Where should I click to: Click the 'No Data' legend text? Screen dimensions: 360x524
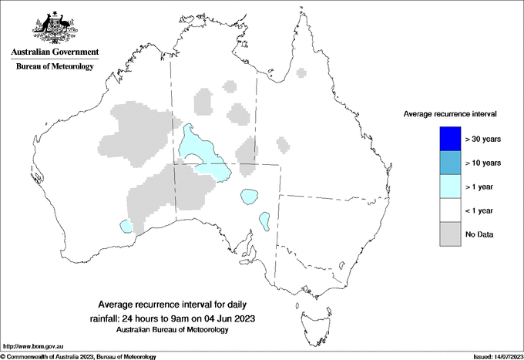pos(480,234)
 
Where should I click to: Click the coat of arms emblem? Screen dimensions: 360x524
pos(54,29)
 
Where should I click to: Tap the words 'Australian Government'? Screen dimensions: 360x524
pos(54,53)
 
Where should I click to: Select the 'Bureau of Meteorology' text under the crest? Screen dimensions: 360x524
pos(54,67)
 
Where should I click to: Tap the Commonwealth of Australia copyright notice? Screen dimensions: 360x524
pos(79,356)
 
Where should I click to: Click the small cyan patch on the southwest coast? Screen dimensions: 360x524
pos(126,226)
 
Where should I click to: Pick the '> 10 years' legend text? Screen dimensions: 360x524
pos(483,163)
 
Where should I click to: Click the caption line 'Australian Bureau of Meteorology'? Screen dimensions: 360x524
pos(173,330)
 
